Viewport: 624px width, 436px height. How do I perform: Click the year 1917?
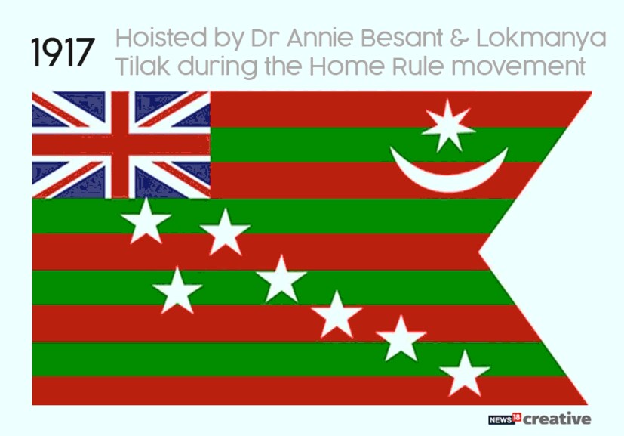click(x=63, y=52)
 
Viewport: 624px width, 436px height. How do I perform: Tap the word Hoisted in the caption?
click(x=161, y=38)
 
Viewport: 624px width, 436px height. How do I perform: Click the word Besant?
click(x=402, y=38)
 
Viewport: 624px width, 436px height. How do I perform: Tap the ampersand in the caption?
click(x=460, y=38)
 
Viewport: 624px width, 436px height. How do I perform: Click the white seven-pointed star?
click(x=448, y=126)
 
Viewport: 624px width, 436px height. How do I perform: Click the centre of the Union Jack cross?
click(x=120, y=144)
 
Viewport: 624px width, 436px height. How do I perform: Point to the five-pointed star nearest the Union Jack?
click(x=146, y=221)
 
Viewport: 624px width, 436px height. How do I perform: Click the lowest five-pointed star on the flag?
click(x=464, y=373)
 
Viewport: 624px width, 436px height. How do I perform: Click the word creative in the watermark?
click(x=557, y=419)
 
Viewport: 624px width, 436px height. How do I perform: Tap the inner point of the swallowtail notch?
click(x=478, y=252)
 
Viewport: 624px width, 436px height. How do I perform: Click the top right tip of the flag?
click(x=592, y=92)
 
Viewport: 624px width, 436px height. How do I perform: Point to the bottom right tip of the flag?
click(x=587, y=404)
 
